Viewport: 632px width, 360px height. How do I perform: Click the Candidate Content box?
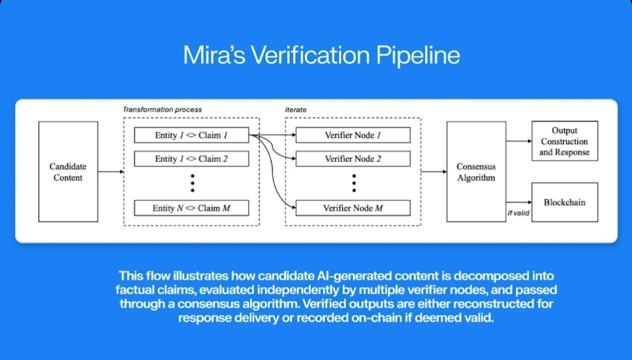click(68, 172)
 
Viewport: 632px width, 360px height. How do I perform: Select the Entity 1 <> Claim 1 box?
click(191, 135)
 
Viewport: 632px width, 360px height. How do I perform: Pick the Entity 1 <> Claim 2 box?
click(191, 159)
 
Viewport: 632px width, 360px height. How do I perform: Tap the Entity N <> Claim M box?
click(191, 208)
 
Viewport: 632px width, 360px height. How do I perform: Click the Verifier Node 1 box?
click(353, 135)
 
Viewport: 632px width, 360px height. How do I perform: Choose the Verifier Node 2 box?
click(353, 159)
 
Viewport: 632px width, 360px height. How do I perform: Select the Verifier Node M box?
click(353, 208)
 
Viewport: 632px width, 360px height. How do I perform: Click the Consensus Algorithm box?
click(476, 172)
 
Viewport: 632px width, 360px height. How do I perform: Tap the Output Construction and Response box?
click(564, 142)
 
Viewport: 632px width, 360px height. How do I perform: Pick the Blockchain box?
click(564, 203)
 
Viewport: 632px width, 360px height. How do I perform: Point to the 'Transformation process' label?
click(162, 110)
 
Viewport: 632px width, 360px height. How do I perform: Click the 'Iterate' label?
click(296, 110)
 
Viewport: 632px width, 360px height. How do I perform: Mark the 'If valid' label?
click(518, 214)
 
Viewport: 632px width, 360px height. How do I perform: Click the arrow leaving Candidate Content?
click(111, 172)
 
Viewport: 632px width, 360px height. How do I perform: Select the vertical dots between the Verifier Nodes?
click(353, 183)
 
